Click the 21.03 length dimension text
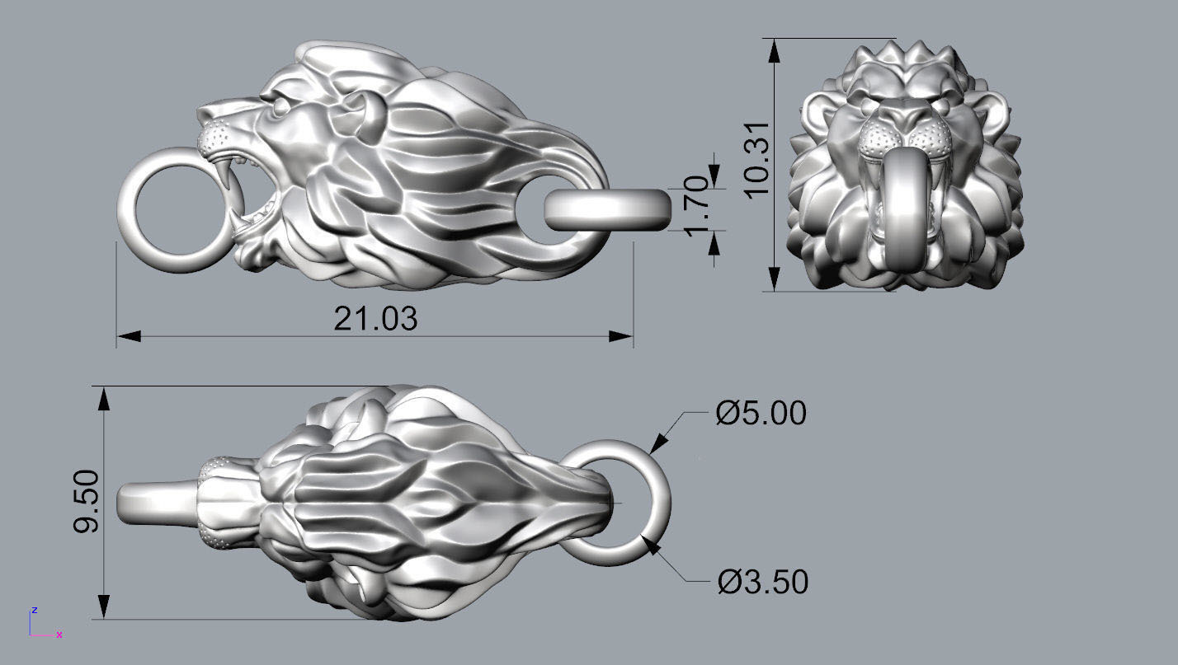(375, 318)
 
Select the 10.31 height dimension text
(757, 160)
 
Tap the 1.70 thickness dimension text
(698, 207)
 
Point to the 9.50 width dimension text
(87, 501)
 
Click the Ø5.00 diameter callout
(761, 413)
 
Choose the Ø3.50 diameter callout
(763, 582)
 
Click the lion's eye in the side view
(280, 106)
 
